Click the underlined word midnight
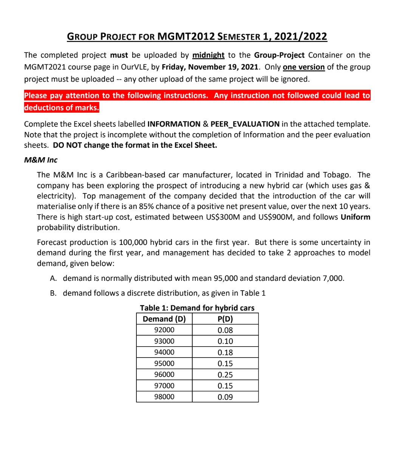click(x=208, y=55)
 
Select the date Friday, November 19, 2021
click(x=210, y=67)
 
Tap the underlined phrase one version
click(x=303, y=67)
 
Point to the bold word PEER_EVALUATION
click(x=245, y=124)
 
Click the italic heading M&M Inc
click(x=41, y=160)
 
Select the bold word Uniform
click(x=355, y=217)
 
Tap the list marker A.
click(x=53, y=278)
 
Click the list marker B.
click(x=53, y=293)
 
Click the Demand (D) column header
click(x=164, y=319)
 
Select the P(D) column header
click(x=225, y=319)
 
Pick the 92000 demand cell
click(x=164, y=330)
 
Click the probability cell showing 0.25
click(x=225, y=375)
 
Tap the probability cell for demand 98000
click(x=225, y=397)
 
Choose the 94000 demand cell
click(x=164, y=352)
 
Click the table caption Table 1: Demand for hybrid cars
click(x=197, y=308)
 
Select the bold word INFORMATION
click(x=174, y=124)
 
